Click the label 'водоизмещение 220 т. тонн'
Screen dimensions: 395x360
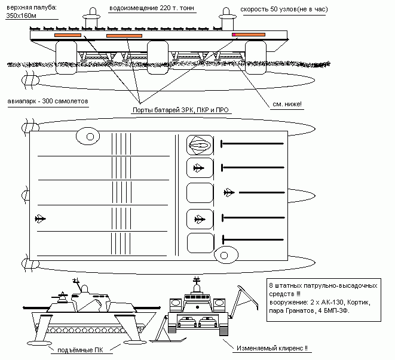click(x=152, y=8)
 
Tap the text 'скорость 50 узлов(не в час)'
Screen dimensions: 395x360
click(x=284, y=10)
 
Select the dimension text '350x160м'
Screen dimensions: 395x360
click(x=21, y=16)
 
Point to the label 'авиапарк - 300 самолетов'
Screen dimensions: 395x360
click(x=48, y=101)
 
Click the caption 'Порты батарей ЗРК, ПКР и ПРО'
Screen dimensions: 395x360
click(x=180, y=110)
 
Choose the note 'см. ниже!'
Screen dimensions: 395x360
click(x=287, y=104)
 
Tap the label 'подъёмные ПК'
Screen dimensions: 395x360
click(x=80, y=350)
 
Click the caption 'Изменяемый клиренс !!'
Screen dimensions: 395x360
click(x=272, y=348)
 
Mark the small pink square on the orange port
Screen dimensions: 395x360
click(x=234, y=35)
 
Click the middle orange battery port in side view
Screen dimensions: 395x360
click(x=124, y=36)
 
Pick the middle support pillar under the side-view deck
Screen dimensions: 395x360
click(x=157, y=58)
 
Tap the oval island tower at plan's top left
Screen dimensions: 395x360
click(x=88, y=136)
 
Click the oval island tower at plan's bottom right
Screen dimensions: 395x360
click(x=226, y=256)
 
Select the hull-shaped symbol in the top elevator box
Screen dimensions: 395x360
click(x=200, y=145)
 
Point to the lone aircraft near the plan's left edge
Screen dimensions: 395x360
click(x=40, y=219)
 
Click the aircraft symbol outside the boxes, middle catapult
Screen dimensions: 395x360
click(x=229, y=193)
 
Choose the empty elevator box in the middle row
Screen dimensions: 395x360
click(x=200, y=193)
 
